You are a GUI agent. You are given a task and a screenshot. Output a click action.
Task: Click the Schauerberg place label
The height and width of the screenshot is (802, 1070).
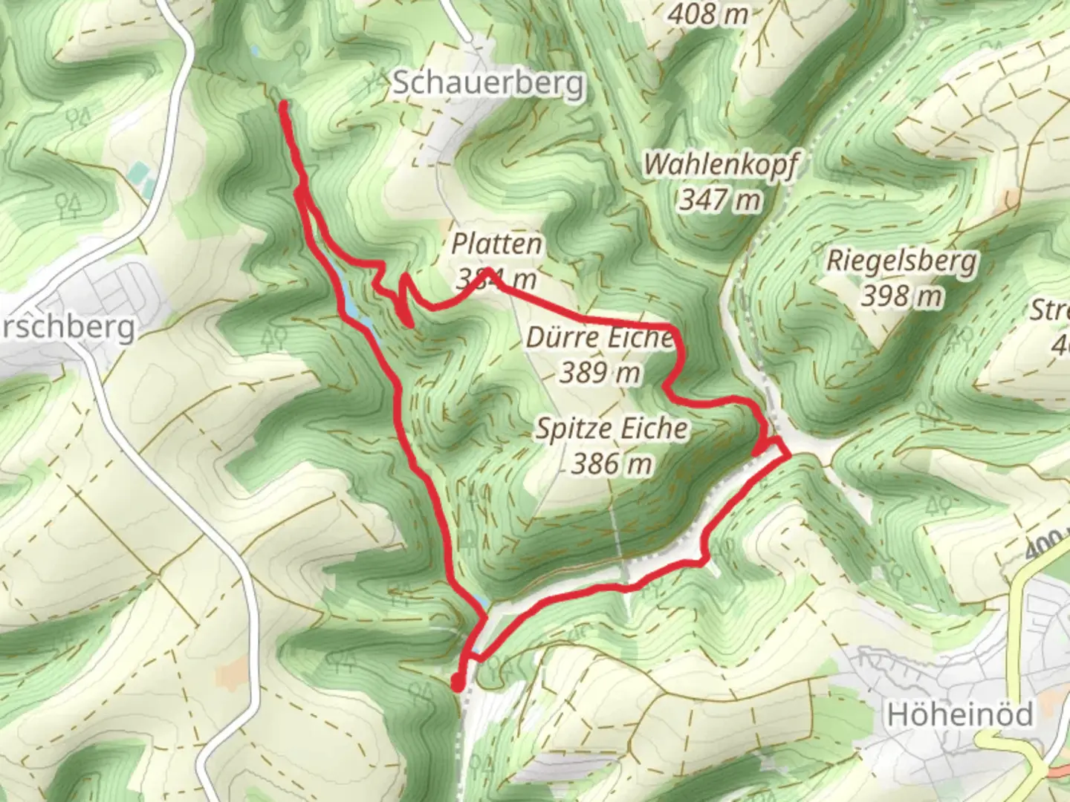(x=488, y=82)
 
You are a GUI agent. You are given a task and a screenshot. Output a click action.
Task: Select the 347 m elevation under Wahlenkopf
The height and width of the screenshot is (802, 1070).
(x=720, y=198)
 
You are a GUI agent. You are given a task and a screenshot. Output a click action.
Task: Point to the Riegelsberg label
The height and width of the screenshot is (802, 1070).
(x=901, y=261)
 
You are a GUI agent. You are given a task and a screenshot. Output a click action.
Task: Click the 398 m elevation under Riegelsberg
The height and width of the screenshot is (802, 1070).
(x=901, y=296)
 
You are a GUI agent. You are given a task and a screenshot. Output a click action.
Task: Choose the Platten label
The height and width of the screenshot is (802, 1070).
(x=497, y=244)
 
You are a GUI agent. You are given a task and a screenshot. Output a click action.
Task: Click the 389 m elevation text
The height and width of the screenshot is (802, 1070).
(x=600, y=371)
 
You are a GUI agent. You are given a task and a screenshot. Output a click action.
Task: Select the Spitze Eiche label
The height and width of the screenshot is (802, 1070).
(x=612, y=428)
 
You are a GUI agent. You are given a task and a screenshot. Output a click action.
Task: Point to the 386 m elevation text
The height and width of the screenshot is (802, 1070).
(x=612, y=463)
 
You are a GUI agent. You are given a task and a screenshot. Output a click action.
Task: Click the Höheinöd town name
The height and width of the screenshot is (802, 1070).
(x=960, y=714)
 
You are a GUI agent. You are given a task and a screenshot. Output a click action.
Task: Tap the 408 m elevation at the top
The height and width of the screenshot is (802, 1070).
(x=708, y=13)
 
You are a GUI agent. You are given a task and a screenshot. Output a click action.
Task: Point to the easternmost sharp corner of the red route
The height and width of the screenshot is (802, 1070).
(x=788, y=455)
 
